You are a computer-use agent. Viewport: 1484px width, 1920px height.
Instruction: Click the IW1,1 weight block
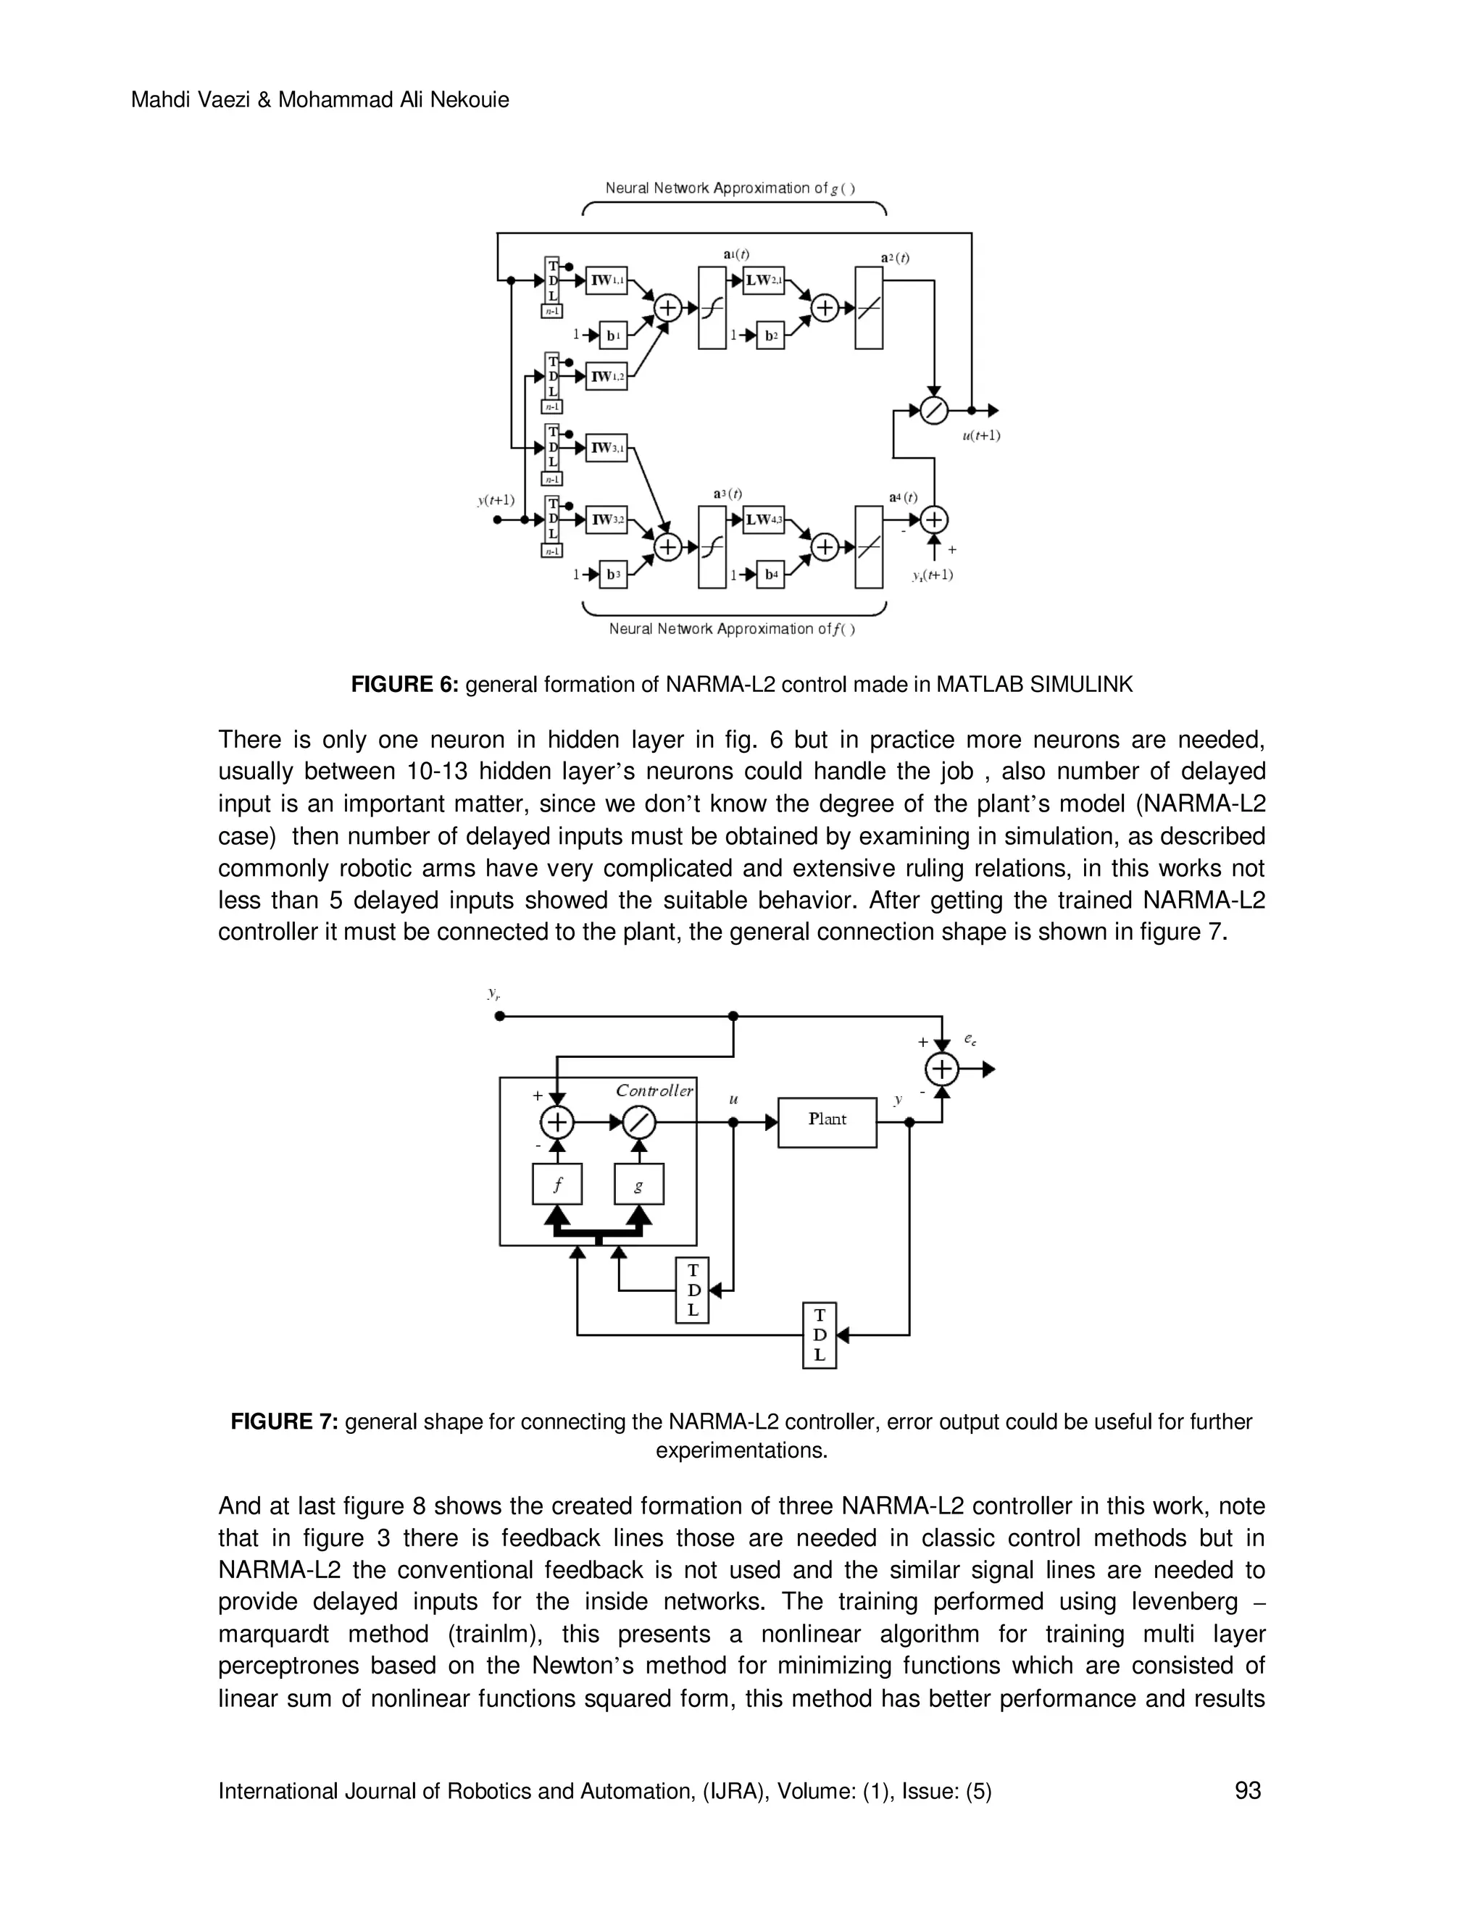pyautogui.click(x=606, y=281)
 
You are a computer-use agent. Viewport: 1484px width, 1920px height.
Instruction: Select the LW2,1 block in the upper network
pyautogui.click(x=763, y=281)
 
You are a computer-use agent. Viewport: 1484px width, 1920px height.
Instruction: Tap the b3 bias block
pyautogui.click(x=613, y=575)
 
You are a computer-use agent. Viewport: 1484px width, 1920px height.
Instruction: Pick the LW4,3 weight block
pyautogui.click(x=763, y=520)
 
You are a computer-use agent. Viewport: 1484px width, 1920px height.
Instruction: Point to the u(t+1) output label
pyautogui.click(x=980, y=435)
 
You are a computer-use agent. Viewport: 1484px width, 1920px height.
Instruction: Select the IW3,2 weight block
pyautogui.click(x=606, y=520)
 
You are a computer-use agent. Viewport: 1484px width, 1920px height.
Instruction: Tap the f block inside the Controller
pyautogui.click(x=557, y=1184)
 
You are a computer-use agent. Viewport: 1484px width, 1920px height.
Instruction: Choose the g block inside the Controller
pyautogui.click(x=639, y=1184)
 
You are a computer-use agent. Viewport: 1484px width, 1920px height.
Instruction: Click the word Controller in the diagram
pyautogui.click(x=654, y=1091)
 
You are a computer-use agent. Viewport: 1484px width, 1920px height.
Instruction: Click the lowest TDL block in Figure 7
pyautogui.click(x=820, y=1335)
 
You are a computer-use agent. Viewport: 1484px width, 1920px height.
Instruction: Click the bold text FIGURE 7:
pyautogui.click(x=284, y=1422)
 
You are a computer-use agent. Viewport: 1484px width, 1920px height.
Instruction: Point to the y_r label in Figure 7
pyautogui.click(x=494, y=994)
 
